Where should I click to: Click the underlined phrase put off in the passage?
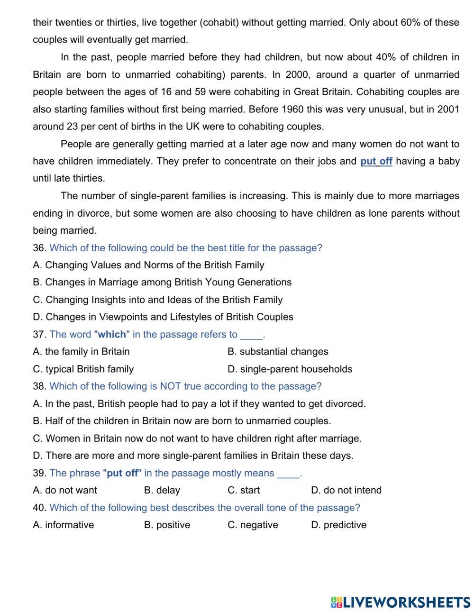pyautogui.click(x=376, y=161)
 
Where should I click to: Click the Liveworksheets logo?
pyautogui.click(x=401, y=602)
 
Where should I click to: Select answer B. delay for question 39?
pyautogui.click(x=162, y=490)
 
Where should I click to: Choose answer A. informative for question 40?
pyautogui.click(x=64, y=525)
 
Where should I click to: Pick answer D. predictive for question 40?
pyautogui.click(x=338, y=525)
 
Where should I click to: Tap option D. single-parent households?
pyautogui.click(x=290, y=369)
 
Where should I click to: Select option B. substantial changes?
pyautogui.click(x=278, y=351)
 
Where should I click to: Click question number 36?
pyautogui.click(x=39, y=248)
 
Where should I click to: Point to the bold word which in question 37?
pyautogui.click(x=112, y=334)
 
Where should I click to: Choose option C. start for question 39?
pyautogui.click(x=244, y=490)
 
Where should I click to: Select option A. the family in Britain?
pyautogui.click(x=81, y=351)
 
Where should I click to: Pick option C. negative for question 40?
pyautogui.click(x=253, y=525)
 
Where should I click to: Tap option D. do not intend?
pyautogui.click(x=346, y=490)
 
